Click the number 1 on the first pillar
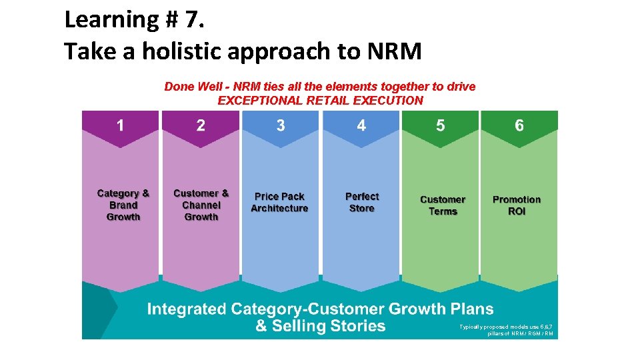120,125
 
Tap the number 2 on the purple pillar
201,125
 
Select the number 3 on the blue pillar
281,125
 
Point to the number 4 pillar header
361,125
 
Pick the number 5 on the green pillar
440,125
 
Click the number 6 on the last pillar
519,125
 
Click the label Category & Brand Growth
123,205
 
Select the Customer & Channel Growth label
201,205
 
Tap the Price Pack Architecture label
279,202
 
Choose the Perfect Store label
362,202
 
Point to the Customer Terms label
443,205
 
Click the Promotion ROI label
517,205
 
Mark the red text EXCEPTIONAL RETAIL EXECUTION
320,101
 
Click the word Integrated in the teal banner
186,309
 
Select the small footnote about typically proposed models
507,330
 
